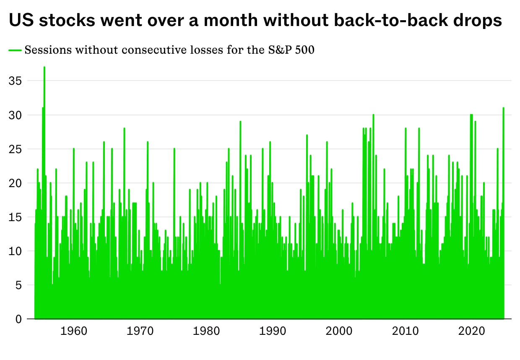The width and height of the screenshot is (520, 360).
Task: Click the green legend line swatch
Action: [15, 50]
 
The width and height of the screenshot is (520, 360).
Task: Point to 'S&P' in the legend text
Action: [278, 50]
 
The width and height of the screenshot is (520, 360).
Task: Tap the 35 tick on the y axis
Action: [15, 81]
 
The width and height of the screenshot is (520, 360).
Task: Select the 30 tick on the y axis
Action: [15, 115]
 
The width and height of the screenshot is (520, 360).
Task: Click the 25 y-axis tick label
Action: [15, 149]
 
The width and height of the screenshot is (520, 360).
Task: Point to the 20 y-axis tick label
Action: [15, 183]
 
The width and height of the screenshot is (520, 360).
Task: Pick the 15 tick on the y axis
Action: [15, 217]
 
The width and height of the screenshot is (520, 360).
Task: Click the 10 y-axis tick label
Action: [15, 251]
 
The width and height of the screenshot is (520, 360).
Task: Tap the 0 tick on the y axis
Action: [18, 319]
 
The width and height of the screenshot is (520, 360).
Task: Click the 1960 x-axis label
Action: [74, 331]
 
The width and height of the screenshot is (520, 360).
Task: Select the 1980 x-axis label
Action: [207, 331]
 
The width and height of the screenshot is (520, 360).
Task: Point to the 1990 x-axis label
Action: [273, 331]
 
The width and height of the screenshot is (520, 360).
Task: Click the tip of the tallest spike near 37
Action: [44, 67]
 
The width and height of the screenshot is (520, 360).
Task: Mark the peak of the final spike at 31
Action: [503, 108]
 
